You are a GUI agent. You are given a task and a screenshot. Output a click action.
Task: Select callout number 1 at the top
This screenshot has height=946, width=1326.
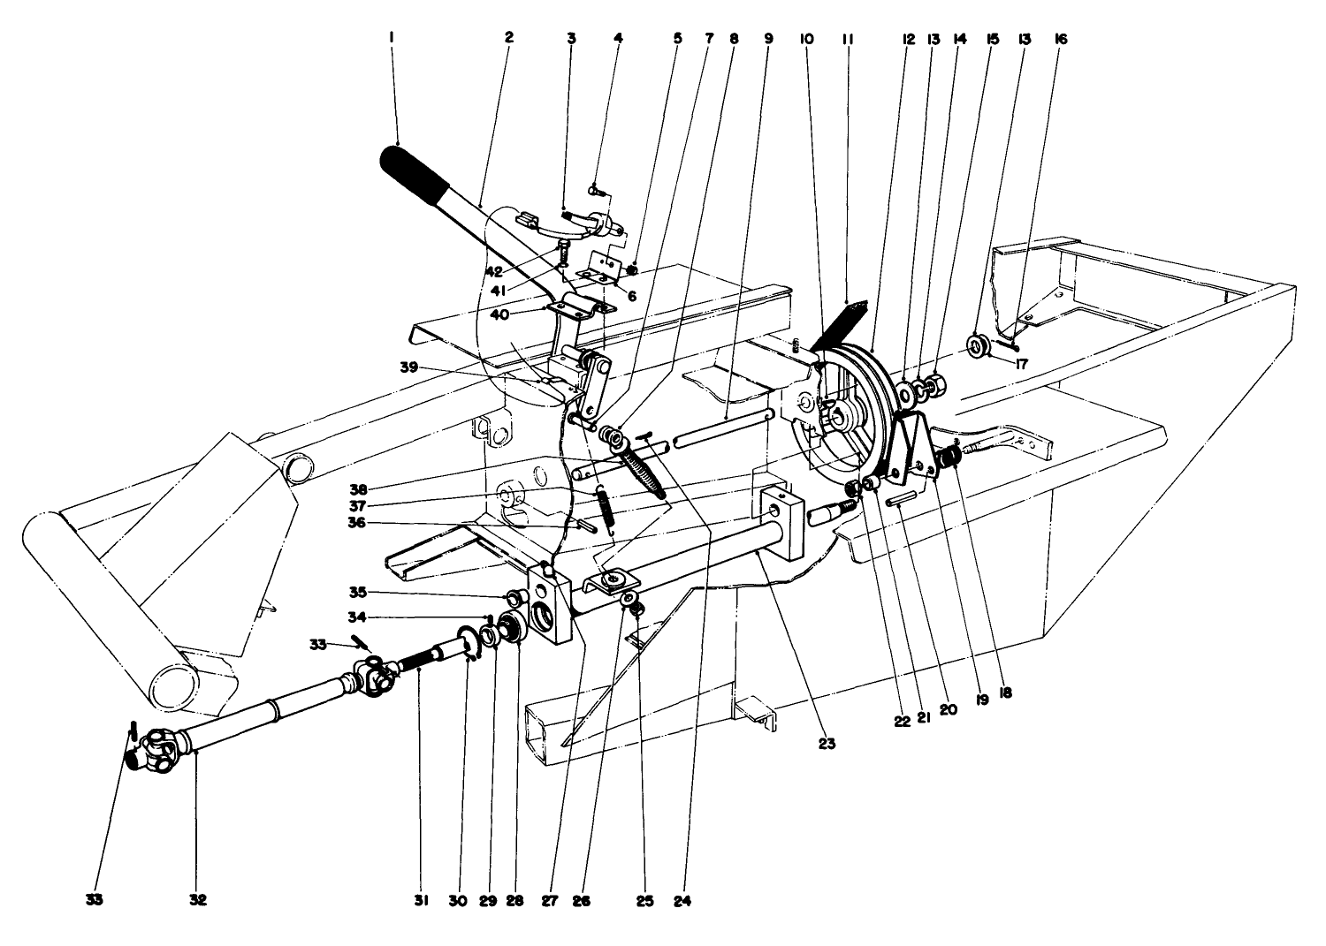[391, 38]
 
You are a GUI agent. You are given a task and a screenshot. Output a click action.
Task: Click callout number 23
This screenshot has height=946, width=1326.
[827, 744]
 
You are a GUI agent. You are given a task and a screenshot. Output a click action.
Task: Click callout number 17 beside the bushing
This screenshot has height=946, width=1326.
[1022, 361]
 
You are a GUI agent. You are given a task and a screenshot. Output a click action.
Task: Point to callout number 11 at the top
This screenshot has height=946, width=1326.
[847, 39]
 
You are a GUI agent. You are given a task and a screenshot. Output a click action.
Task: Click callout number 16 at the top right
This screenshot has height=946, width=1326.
[1061, 39]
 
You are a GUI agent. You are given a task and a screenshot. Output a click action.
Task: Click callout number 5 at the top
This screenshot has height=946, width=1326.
[677, 39]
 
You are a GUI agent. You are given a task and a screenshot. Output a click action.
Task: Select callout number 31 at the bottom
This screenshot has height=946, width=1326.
[421, 901]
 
